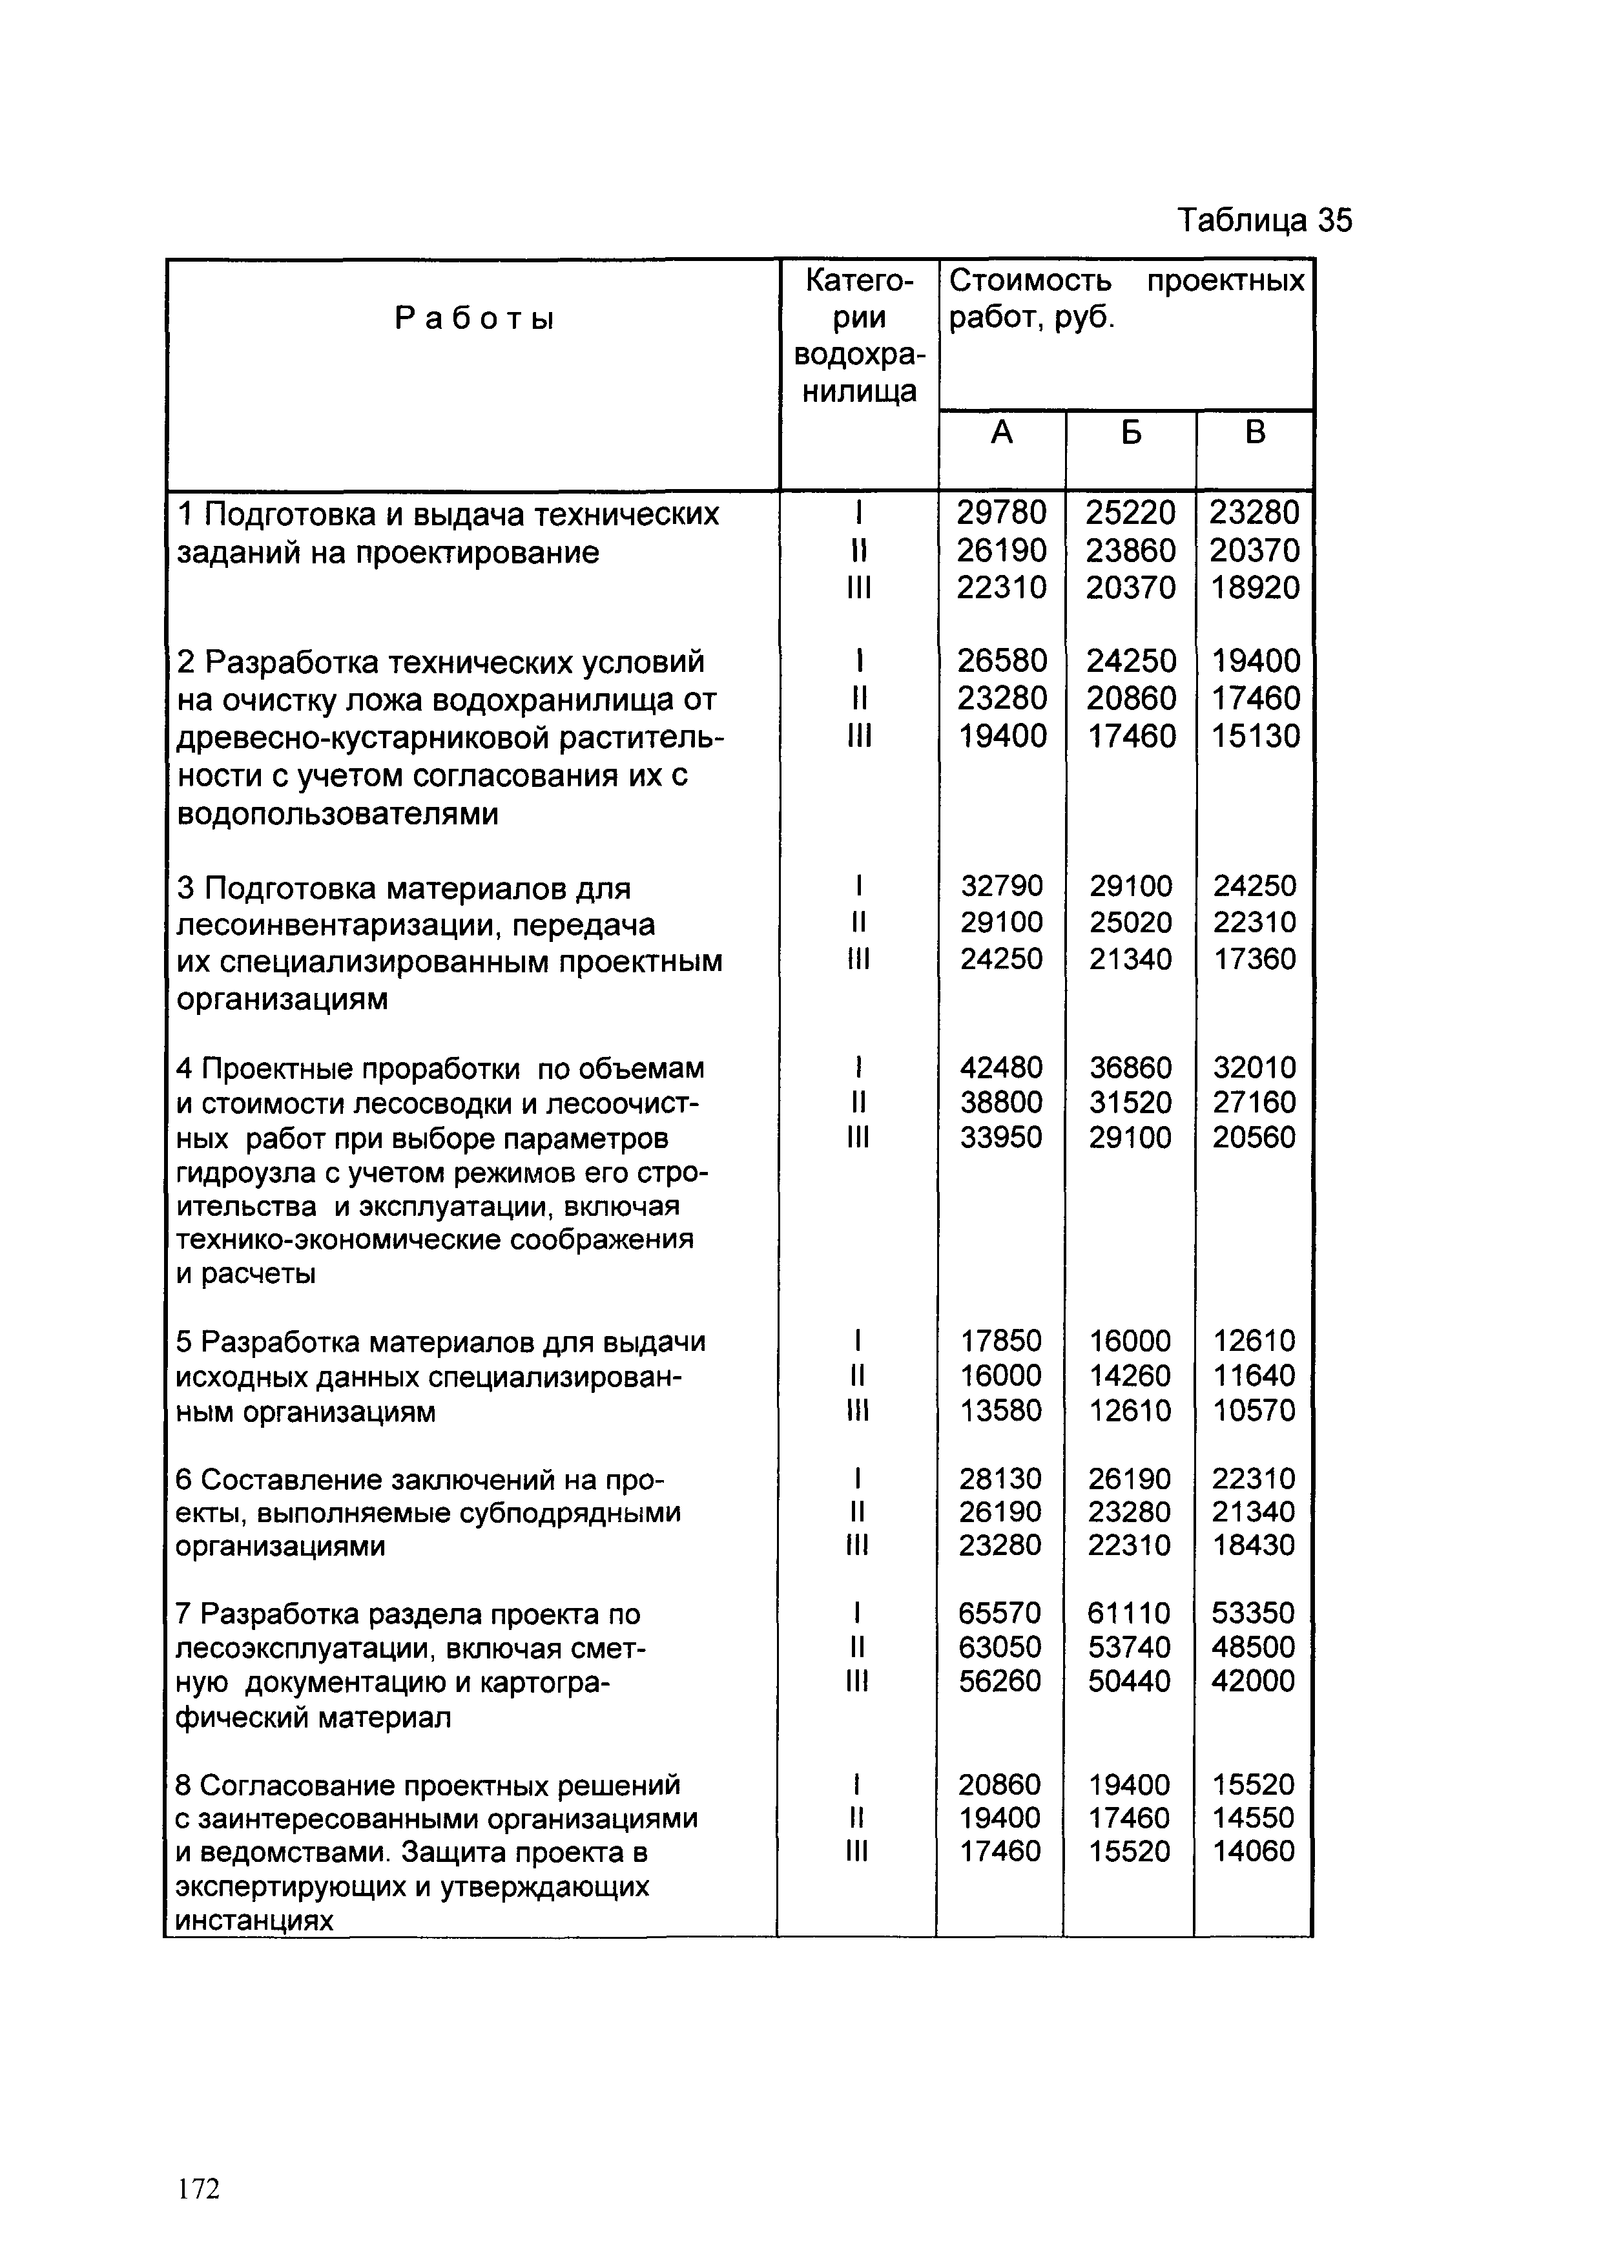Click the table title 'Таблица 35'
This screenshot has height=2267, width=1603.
[1265, 220]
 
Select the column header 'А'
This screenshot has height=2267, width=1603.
[1002, 432]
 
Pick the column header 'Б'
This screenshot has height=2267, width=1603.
[1130, 432]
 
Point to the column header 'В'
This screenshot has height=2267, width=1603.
[1255, 432]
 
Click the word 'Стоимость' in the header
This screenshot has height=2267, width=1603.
[1029, 282]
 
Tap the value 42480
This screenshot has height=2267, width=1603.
[1002, 1067]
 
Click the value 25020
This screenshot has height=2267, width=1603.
[1131, 922]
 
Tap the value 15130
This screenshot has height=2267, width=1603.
[1256, 736]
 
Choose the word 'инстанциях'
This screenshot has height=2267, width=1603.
[254, 1921]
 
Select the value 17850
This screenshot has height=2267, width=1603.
[1002, 1341]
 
